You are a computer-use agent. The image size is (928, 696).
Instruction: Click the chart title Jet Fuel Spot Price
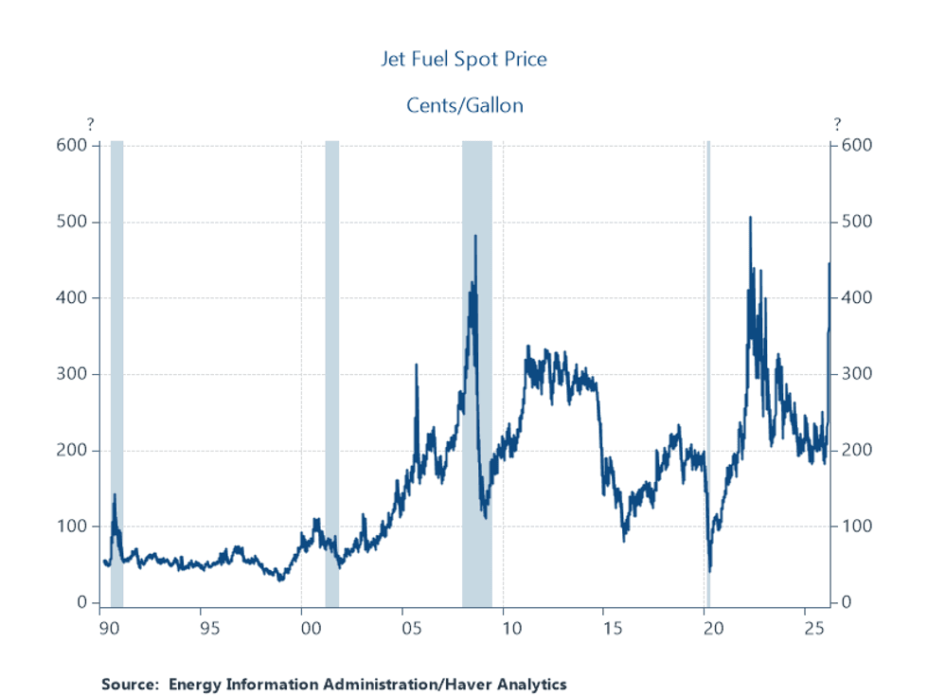click(x=464, y=59)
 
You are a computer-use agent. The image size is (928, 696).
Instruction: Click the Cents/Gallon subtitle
click(x=464, y=104)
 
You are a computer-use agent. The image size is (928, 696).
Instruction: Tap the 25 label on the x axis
click(x=811, y=627)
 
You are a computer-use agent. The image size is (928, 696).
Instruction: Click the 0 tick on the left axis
click(x=81, y=602)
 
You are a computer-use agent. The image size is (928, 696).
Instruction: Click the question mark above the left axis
click(x=91, y=124)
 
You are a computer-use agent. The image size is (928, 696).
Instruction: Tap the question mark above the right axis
click(x=837, y=124)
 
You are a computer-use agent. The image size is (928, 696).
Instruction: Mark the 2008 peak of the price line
click(x=475, y=236)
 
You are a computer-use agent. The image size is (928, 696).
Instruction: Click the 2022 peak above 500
click(x=750, y=218)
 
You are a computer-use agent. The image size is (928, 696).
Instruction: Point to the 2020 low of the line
click(x=710, y=570)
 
